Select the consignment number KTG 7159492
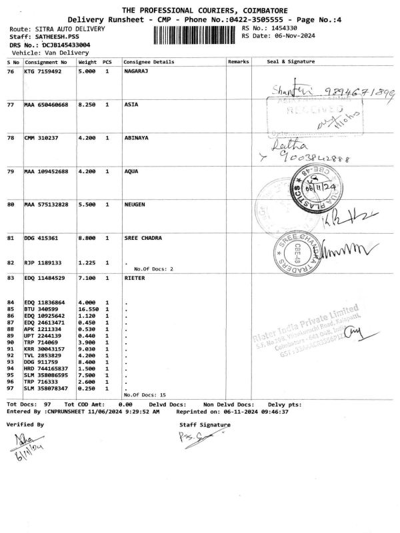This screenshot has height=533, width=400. (x=43, y=70)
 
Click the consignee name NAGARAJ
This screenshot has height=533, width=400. (x=137, y=70)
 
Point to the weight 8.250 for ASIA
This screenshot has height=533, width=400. (x=88, y=105)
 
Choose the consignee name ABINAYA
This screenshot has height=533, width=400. (x=137, y=139)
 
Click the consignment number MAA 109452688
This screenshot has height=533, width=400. (x=47, y=172)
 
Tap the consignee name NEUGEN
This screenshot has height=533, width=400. (x=135, y=205)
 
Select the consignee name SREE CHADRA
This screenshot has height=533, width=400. (x=144, y=238)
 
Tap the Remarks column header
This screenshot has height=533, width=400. (x=238, y=61)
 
